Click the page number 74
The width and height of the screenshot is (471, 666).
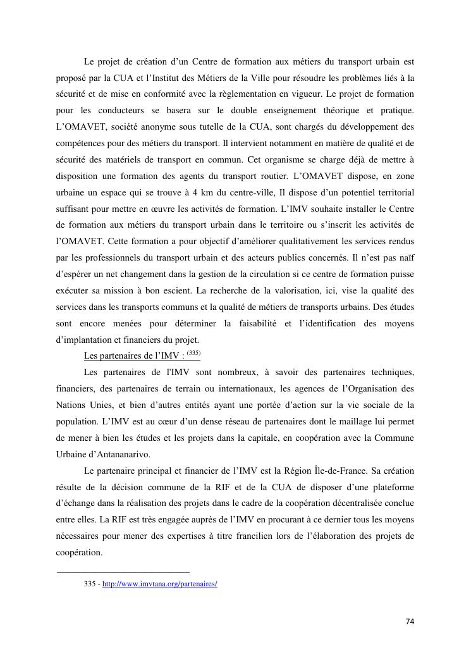410,622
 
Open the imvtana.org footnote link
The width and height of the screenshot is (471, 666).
159,584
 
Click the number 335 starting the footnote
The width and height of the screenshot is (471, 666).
90,584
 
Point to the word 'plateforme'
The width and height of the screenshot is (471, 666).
389,487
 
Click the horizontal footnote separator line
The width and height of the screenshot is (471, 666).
123,572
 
